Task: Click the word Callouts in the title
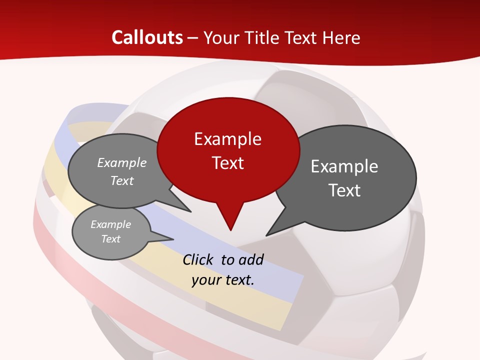[147, 37]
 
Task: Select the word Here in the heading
[341, 37]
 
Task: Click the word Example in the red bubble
[227, 139]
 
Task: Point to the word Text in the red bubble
[227, 163]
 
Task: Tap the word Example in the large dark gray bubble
[344, 166]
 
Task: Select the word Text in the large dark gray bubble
[344, 190]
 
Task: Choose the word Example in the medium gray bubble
[122, 162]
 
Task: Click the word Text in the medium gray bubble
[122, 180]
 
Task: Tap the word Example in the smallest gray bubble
[110, 224]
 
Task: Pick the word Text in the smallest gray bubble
[110, 239]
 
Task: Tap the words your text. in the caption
[223, 280]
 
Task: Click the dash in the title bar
[193, 38]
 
